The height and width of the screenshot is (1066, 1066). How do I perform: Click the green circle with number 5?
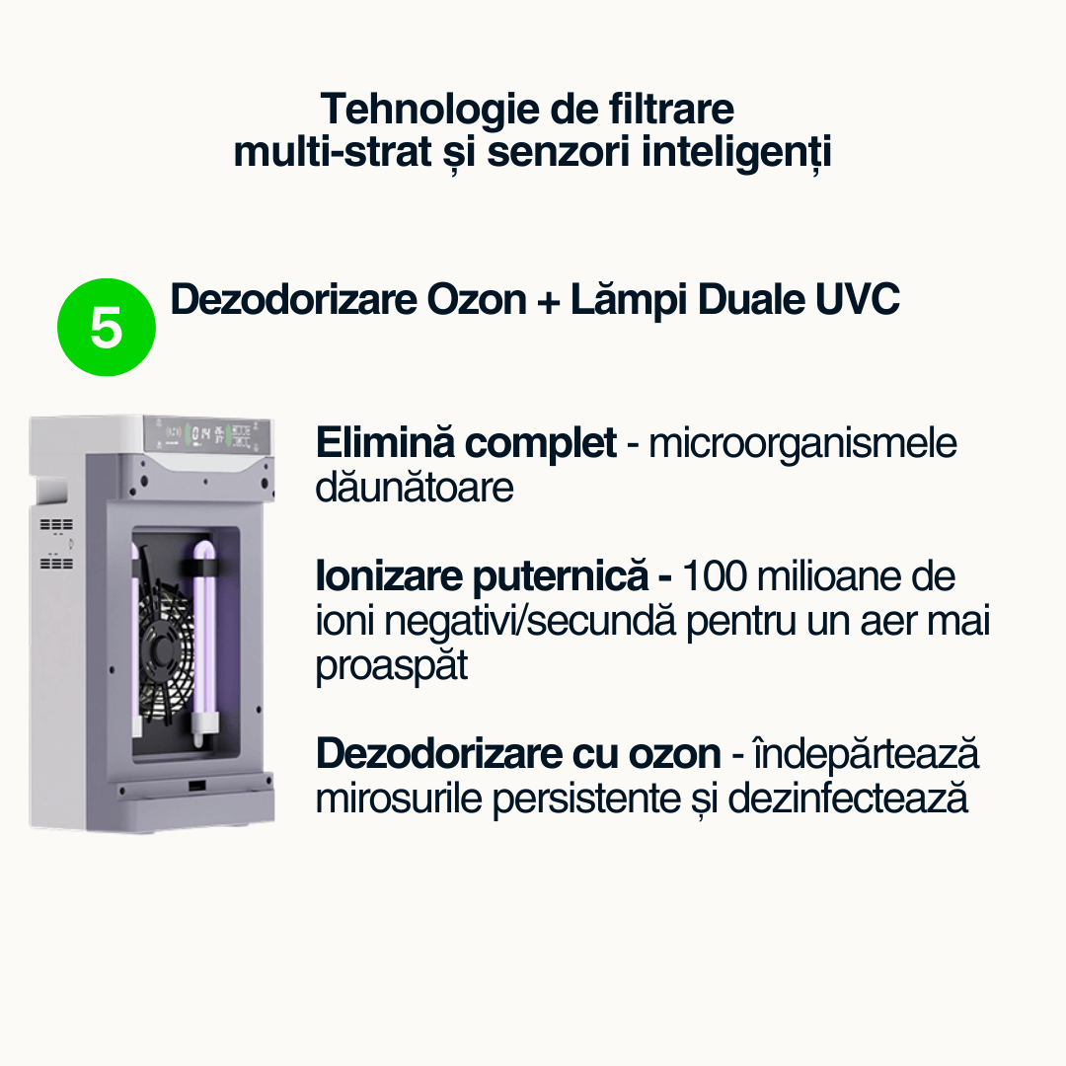coord(106,327)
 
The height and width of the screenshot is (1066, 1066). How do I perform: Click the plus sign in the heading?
coord(548,302)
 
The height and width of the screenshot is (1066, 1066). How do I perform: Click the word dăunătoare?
coord(414,487)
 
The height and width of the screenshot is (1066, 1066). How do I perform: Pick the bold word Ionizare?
coord(389,575)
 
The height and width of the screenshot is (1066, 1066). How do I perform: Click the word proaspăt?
coord(392,665)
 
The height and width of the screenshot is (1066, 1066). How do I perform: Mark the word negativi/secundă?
coord(530,621)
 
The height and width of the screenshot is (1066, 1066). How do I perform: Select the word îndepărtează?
coord(867,753)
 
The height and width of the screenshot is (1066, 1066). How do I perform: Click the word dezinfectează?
coord(848,799)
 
